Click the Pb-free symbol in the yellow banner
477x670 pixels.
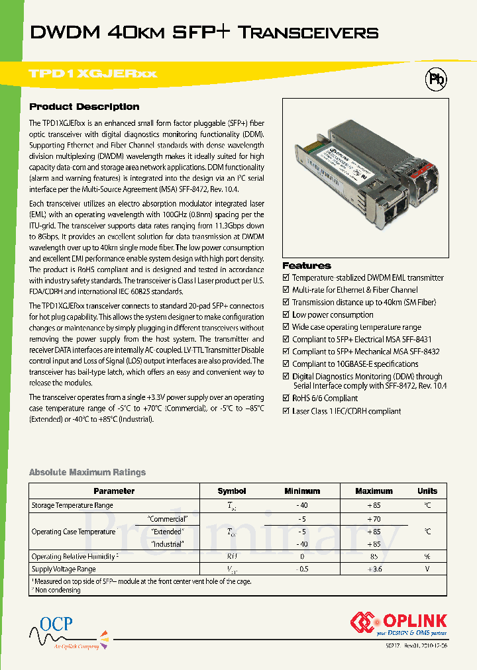coord(435,79)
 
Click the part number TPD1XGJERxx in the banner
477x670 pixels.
coord(93,73)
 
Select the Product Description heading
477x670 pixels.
coord(84,107)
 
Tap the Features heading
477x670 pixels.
coord(307,265)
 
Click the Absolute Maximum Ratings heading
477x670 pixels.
coord(87,472)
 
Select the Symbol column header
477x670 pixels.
coord(231,491)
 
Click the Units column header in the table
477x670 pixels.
coord(427,491)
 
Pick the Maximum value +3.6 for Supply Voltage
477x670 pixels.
coord(374,569)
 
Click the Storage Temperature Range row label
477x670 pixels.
coord(72,506)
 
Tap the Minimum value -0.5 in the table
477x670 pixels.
coord(301,569)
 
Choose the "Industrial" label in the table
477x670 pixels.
coord(168,544)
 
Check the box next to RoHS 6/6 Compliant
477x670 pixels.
coord(286,399)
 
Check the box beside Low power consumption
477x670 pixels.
coord(286,315)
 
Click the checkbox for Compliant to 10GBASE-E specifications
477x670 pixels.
coord(286,364)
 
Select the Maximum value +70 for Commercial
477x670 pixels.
coord(374,519)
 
